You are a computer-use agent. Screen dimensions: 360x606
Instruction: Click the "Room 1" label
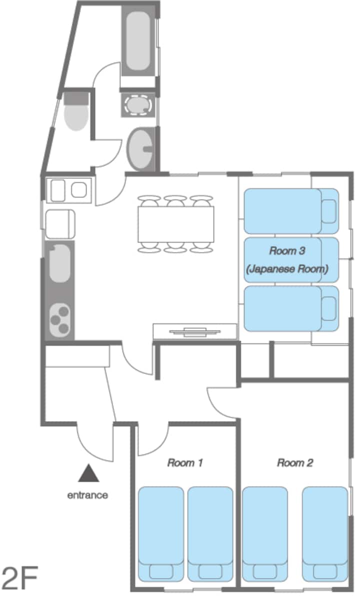pyautogui.click(x=185, y=463)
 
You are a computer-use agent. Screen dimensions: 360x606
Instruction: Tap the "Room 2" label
pyautogui.click(x=295, y=463)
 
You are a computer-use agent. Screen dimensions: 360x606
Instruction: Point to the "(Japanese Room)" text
pyautogui.click(x=287, y=269)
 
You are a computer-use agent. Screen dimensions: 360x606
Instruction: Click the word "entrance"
pyautogui.click(x=87, y=496)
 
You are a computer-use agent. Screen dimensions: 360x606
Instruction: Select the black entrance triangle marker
pyautogui.click(x=89, y=474)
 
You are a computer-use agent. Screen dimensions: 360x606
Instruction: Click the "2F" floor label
pyautogui.click(x=19, y=578)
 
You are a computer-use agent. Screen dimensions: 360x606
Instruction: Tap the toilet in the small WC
pyautogui.click(x=76, y=112)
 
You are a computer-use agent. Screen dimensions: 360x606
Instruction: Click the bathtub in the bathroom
pyautogui.click(x=138, y=40)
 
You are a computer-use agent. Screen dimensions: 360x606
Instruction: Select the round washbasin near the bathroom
pyautogui.click(x=141, y=149)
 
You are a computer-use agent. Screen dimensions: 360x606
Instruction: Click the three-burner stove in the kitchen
pyautogui.click(x=60, y=320)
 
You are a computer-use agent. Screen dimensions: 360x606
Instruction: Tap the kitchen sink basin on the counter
pyautogui.click(x=60, y=263)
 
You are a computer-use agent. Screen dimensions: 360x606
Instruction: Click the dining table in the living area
pyautogui.click(x=176, y=224)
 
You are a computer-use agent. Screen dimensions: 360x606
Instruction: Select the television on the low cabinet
pyautogui.click(x=195, y=332)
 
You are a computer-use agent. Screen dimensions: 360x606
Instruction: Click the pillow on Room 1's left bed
pyautogui.click(x=161, y=572)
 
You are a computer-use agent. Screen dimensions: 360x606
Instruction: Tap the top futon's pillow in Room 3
pyautogui.click(x=329, y=211)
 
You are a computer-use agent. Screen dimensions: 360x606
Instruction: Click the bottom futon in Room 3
pyautogui.click(x=291, y=308)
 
